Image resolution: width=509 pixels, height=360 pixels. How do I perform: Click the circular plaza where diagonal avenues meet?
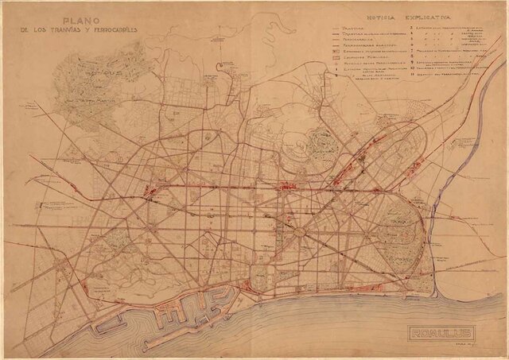301,233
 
